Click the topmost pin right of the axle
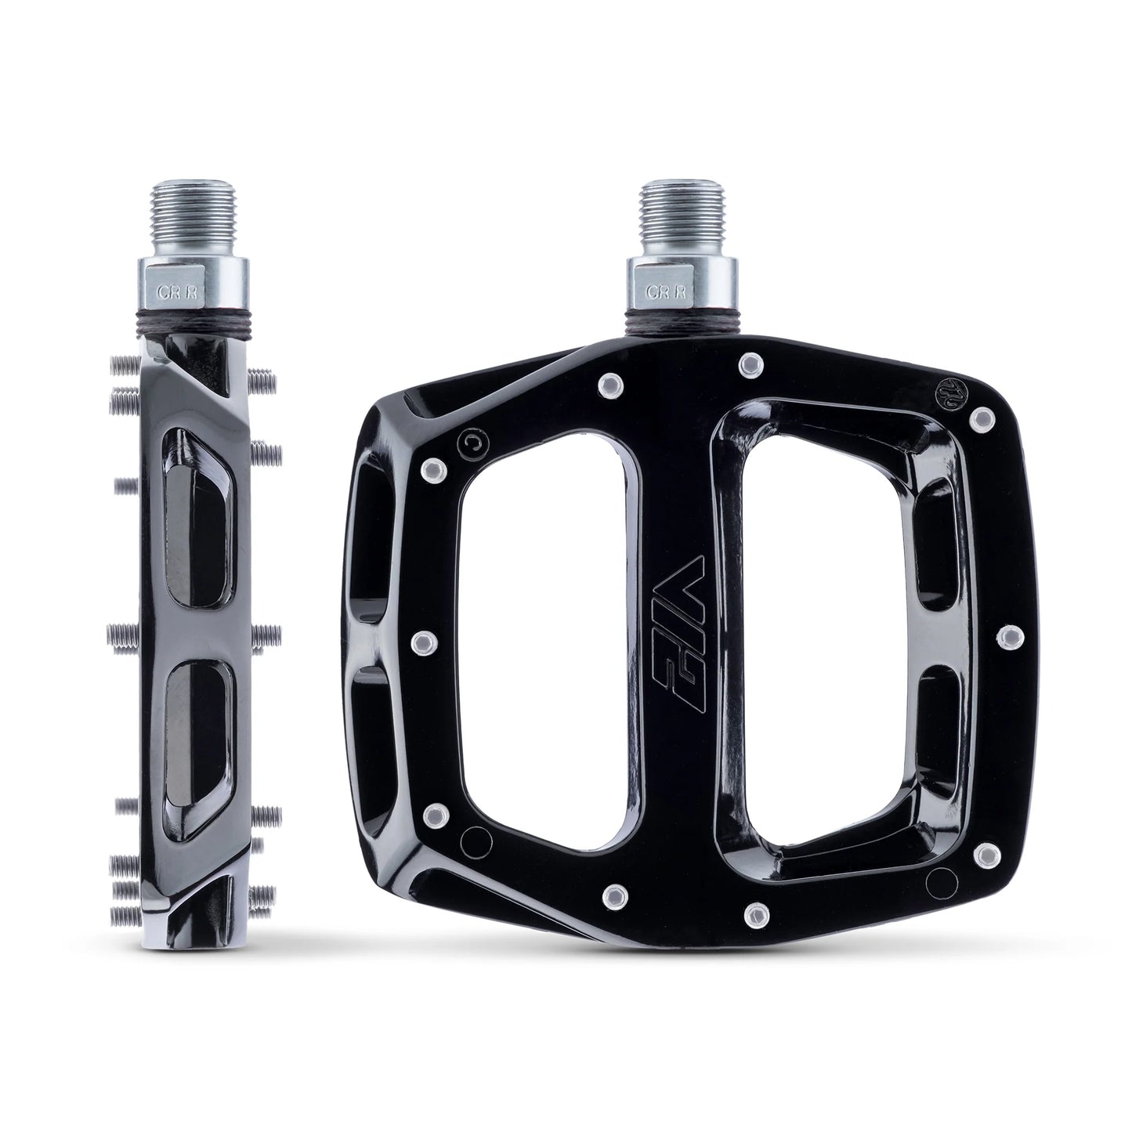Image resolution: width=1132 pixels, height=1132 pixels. (x=750, y=363)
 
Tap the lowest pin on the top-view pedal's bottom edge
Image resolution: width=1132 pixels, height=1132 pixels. (x=755, y=910)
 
